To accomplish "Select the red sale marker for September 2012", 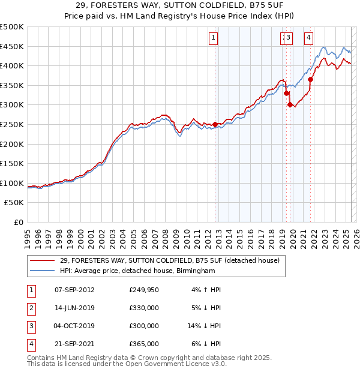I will (x=215, y=124).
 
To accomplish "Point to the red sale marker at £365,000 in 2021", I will (x=311, y=79).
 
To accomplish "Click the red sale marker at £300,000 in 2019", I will (x=290, y=104).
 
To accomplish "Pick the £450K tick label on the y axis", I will (x=13, y=46).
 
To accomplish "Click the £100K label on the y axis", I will (x=13, y=183).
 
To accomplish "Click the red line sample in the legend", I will (x=43, y=260).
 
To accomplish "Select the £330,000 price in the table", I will (x=144, y=308).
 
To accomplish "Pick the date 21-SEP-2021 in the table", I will (x=74, y=344).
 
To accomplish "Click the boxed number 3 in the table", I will (x=31, y=326).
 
